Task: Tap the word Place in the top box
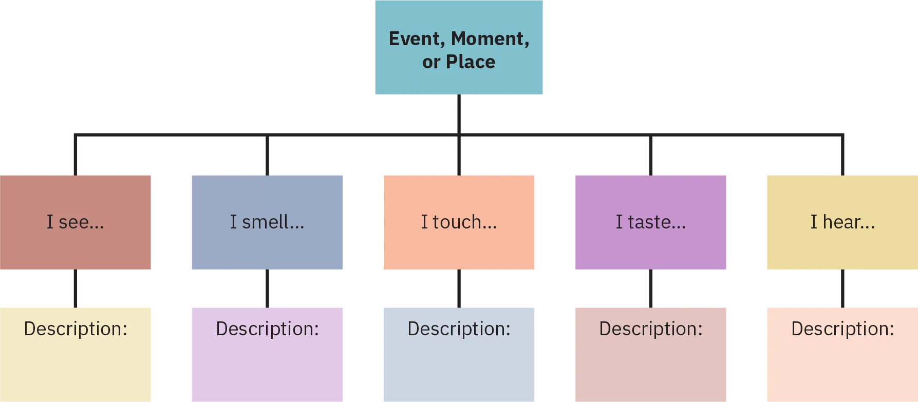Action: coord(471,62)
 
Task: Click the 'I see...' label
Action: coord(76,222)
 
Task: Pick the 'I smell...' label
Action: coord(267,222)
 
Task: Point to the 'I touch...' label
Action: coord(459,222)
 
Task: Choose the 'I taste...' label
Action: coord(651,222)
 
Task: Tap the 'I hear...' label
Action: coord(842,222)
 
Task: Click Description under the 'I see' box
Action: coord(76,329)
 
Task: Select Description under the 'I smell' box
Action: coord(267,329)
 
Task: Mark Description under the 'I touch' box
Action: coord(459,329)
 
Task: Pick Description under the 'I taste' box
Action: coord(651,329)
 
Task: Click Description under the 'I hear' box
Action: coord(842,329)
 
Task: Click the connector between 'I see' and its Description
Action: coord(74,288)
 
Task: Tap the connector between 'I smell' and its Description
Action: coord(267,288)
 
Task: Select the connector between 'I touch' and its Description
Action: coord(460,288)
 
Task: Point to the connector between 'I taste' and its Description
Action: coord(649,288)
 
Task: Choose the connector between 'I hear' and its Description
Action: coord(842,288)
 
